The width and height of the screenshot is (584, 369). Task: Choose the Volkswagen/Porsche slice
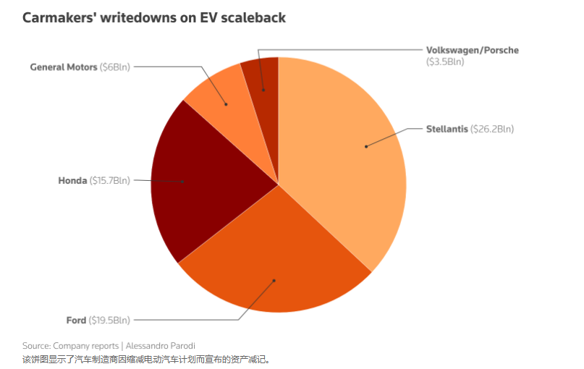point(261,76)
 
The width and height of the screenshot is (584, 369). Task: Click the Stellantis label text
point(447,130)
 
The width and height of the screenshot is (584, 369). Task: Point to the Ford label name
point(76,320)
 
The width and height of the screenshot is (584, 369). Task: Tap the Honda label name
point(72,180)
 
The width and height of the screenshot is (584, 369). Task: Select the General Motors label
point(63,67)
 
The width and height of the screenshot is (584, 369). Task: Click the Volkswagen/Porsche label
point(472,51)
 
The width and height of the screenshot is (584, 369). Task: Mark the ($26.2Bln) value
point(492,130)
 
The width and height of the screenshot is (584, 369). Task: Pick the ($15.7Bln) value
point(110,180)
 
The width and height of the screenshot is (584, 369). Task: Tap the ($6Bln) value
point(114,67)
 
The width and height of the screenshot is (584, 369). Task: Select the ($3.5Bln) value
point(445,62)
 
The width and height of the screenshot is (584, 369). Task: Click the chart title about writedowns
point(154,17)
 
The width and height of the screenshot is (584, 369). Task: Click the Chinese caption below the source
point(145,358)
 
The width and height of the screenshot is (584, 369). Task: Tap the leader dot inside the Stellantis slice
point(366,146)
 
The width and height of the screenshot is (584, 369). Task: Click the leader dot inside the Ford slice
point(274,279)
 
